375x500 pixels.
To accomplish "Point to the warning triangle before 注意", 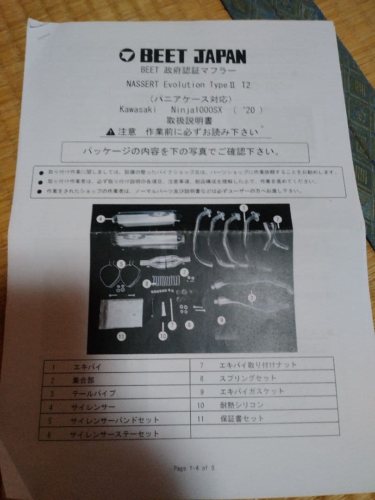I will [109, 132].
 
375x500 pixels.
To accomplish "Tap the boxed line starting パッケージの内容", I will [184, 152].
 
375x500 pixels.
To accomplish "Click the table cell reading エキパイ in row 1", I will [87, 367].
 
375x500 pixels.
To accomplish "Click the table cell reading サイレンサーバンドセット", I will [114, 420].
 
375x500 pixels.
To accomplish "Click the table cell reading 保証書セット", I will [242, 418].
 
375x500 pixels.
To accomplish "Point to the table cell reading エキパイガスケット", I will [251, 391].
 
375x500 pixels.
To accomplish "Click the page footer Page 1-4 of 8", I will [194, 468].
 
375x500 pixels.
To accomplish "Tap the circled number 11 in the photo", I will [121, 337].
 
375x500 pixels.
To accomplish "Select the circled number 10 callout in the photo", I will [162, 337].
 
